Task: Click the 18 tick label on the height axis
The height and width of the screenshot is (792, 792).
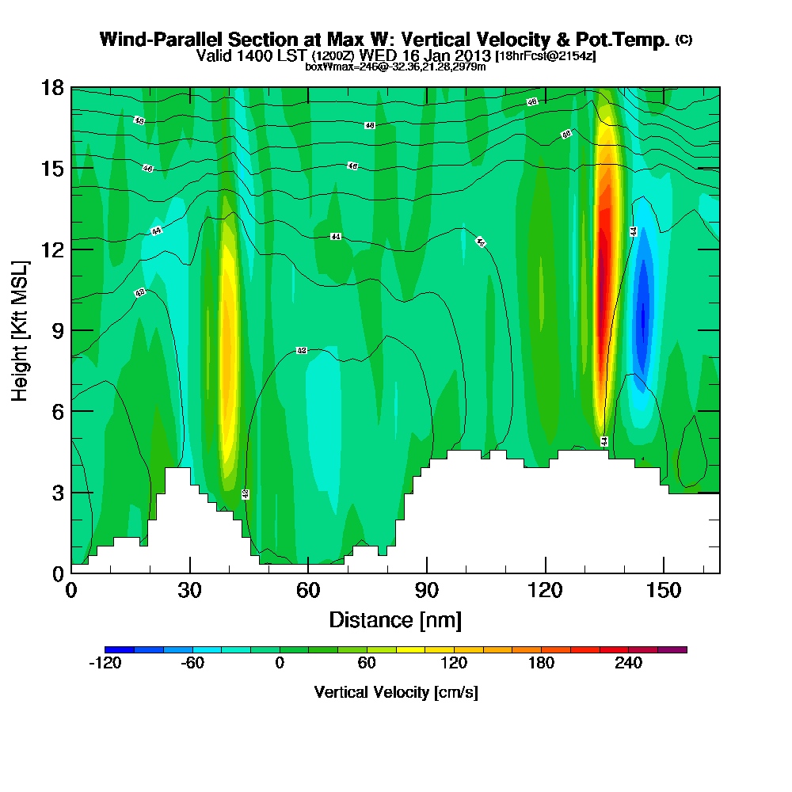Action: tap(53, 88)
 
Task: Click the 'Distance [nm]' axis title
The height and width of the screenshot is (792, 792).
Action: tap(395, 619)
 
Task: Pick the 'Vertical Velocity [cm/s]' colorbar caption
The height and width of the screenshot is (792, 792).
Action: tap(395, 692)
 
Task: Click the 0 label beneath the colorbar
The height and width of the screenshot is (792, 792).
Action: tap(280, 664)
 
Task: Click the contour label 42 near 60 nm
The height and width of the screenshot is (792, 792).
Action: tap(302, 350)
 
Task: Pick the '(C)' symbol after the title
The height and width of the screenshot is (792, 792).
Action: tap(683, 40)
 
